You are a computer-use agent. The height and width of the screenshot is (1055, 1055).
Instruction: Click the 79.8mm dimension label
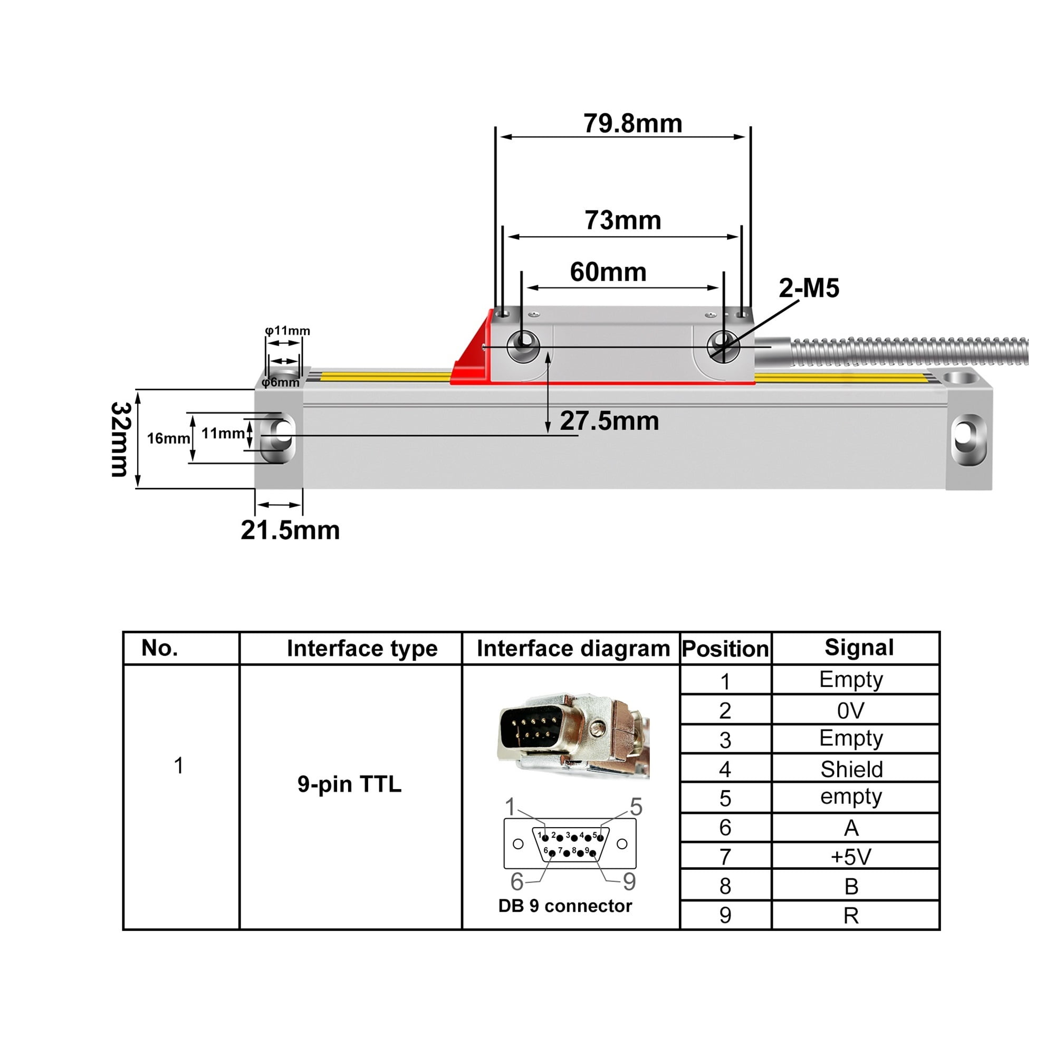(632, 123)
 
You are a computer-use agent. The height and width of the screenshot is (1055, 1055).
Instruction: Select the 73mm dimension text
(622, 220)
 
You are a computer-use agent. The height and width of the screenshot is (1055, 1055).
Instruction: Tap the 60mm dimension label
(608, 272)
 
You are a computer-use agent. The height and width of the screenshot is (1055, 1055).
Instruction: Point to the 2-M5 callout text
(808, 288)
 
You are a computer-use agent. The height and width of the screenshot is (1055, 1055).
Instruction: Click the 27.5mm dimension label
(609, 421)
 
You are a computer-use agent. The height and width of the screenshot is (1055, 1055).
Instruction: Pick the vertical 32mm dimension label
(121, 439)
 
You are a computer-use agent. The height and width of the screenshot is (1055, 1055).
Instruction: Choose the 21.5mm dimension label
(290, 530)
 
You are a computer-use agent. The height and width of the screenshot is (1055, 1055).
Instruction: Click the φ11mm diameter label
(287, 330)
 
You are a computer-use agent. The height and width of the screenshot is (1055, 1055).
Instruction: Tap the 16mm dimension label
(168, 438)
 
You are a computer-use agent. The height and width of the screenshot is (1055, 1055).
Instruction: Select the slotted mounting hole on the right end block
(968, 439)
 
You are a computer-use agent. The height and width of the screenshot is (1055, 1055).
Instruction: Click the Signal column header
(859, 648)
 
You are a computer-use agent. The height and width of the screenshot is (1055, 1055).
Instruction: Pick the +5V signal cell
(851, 857)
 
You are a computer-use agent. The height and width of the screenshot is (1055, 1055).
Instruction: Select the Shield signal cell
(851, 770)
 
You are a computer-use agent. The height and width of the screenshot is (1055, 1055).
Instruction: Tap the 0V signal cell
(851, 711)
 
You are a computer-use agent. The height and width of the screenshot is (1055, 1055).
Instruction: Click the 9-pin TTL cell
(350, 784)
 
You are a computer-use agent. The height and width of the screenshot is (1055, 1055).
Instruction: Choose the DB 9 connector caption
(564, 906)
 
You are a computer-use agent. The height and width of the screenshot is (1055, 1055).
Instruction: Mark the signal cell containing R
(851, 916)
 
